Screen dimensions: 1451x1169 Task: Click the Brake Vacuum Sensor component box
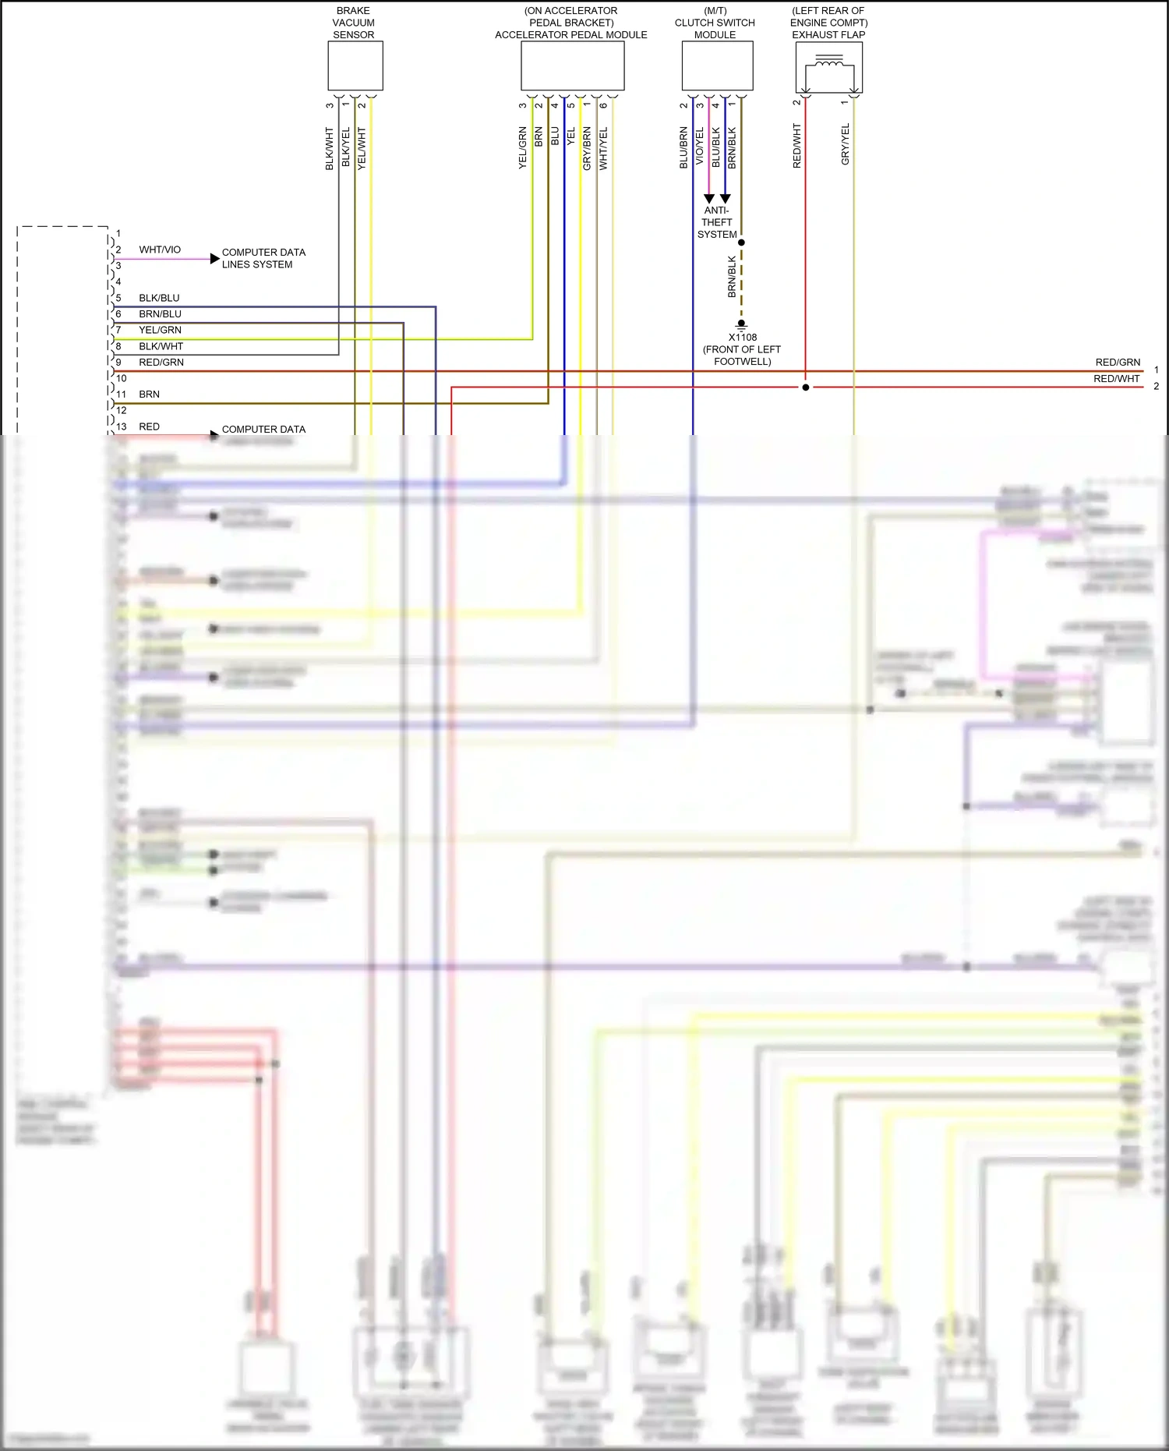coord(355,66)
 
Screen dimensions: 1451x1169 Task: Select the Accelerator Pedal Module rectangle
coord(572,66)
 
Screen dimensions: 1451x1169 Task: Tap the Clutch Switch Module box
coord(717,66)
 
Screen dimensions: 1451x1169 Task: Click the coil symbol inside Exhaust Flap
coord(828,60)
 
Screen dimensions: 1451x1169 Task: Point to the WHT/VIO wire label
coord(160,250)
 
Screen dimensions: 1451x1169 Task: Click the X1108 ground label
coord(742,338)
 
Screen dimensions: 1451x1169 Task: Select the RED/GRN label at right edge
coord(1118,363)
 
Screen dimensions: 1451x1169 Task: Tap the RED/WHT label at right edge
coord(1116,379)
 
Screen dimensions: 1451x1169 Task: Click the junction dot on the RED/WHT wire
coord(806,388)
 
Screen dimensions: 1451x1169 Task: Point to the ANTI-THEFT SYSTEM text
coord(717,222)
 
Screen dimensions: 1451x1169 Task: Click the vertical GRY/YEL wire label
coord(846,144)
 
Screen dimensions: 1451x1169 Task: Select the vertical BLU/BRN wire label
coord(683,147)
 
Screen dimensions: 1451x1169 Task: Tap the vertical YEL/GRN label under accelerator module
coord(523,148)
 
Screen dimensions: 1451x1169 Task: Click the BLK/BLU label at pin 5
coord(159,298)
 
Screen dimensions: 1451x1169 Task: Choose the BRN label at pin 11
coord(149,395)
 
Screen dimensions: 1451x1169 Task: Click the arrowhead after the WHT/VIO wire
coord(214,258)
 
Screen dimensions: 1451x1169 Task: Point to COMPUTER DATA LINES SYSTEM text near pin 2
coord(263,258)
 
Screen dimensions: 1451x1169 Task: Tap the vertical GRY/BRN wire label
coord(587,148)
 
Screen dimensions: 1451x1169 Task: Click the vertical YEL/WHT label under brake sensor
coord(362,148)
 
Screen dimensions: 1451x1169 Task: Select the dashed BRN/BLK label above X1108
coord(732,277)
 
